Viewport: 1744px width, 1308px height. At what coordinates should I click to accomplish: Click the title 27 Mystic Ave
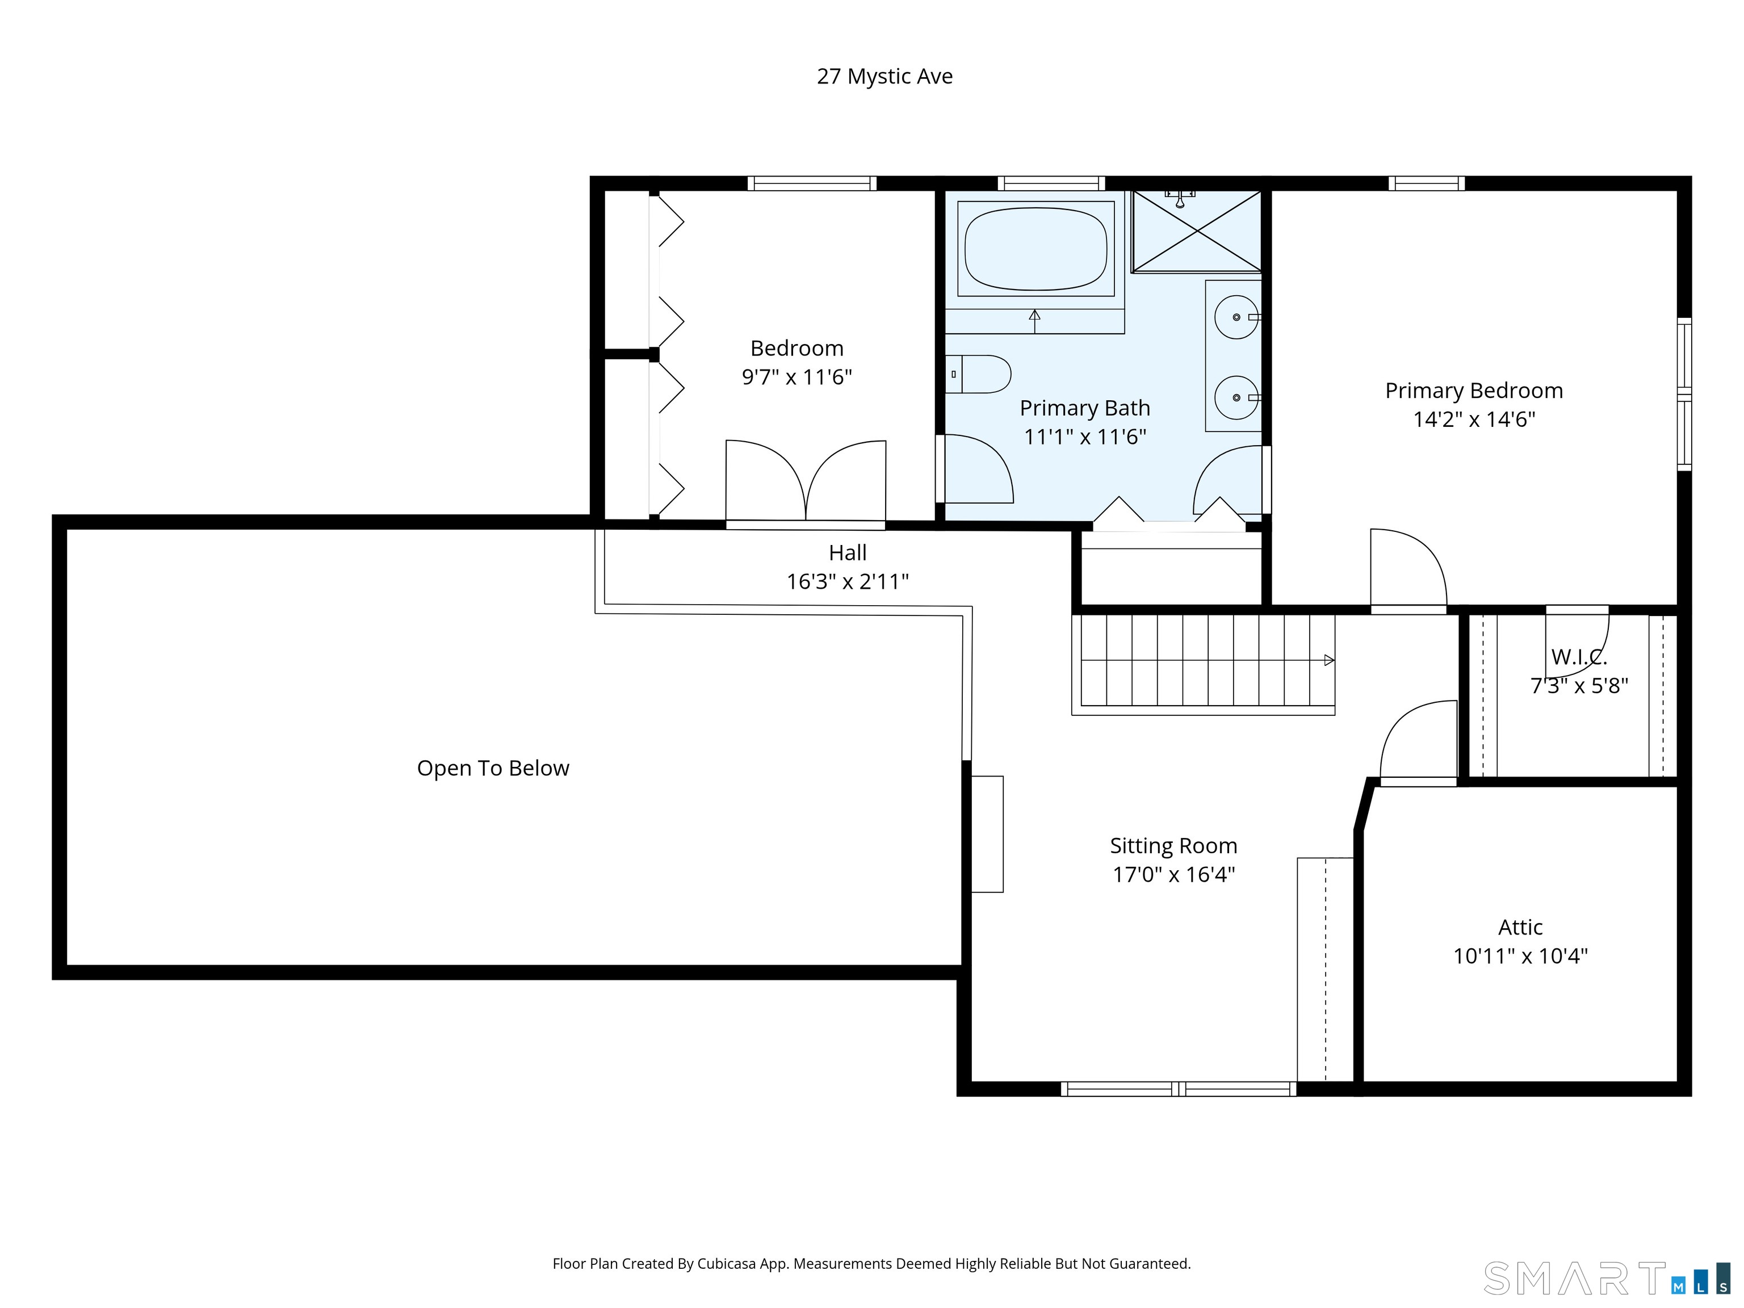coord(884,77)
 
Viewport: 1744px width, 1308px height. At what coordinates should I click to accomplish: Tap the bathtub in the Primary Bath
coord(1035,248)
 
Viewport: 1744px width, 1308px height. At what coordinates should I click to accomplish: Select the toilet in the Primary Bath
coord(978,374)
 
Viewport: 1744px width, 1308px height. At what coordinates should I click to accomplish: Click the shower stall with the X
coord(1196,231)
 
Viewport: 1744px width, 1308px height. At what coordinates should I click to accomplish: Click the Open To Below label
coord(493,768)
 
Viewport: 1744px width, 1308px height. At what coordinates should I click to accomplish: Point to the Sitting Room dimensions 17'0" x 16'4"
coord(1173,874)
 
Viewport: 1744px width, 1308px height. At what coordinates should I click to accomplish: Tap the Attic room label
coord(1520,927)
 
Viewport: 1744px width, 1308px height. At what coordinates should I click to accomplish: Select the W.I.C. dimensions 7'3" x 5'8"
coord(1579,686)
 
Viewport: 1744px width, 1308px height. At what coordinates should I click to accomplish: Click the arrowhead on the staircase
coord(1328,660)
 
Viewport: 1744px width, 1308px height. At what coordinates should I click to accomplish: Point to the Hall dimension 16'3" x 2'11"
coord(848,582)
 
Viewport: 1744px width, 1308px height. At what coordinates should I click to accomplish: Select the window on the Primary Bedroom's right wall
coord(1684,394)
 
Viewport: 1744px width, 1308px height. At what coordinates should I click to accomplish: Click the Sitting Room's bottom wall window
coord(1178,1089)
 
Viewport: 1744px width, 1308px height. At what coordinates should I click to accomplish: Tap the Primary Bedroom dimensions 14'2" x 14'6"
coord(1474,420)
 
